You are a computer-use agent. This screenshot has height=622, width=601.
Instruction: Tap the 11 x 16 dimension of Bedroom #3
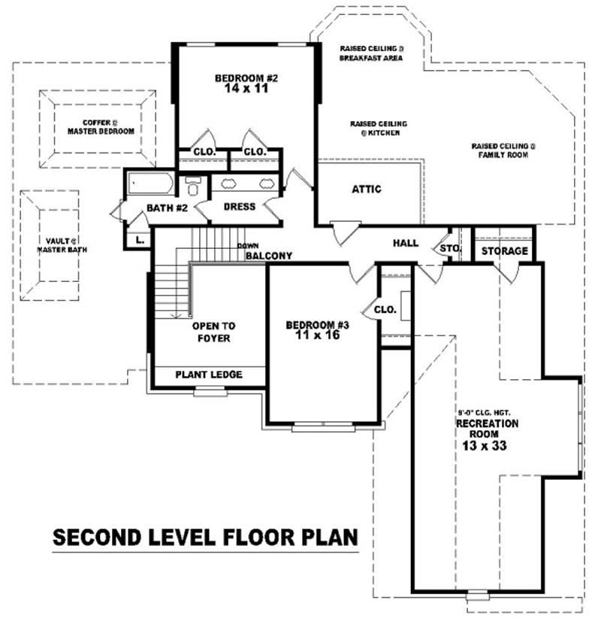coord(318,335)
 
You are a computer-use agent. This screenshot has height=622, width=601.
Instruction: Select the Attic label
coord(367,190)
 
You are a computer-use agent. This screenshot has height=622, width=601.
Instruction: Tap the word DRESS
coord(240,206)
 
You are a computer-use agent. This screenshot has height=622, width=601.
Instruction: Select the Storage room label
coord(503,250)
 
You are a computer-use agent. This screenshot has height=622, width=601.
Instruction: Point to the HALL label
coord(406,243)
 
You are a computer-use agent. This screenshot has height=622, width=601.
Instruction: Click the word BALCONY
coord(268,256)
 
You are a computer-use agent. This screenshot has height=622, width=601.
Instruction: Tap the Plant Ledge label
coord(209,375)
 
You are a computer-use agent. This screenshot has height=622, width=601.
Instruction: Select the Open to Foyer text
coord(213,332)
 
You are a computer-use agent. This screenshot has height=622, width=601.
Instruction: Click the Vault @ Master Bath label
coord(61,244)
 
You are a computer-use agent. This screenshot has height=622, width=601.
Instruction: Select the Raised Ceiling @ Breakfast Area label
coord(371,52)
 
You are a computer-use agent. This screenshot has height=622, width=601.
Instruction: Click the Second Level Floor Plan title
coord(204,538)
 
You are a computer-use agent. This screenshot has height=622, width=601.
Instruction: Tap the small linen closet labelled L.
coord(140,241)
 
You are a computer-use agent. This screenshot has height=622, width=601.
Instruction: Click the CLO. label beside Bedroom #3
coord(385,308)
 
